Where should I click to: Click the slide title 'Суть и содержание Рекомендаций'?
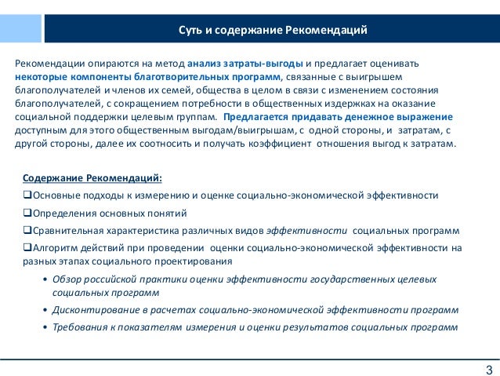click(x=272, y=31)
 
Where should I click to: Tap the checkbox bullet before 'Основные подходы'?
click(x=28, y=195)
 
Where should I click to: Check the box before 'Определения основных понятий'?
click(x=28, y=214)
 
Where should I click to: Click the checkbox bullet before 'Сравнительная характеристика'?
click(x=28, y=231)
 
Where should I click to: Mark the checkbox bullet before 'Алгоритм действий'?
click(x=28, y=248)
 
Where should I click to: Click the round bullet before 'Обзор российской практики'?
click(x=45, y=279)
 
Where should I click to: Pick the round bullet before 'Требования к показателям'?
click(x=45, y=328)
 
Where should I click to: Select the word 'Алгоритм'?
click(x=56, y=248)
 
